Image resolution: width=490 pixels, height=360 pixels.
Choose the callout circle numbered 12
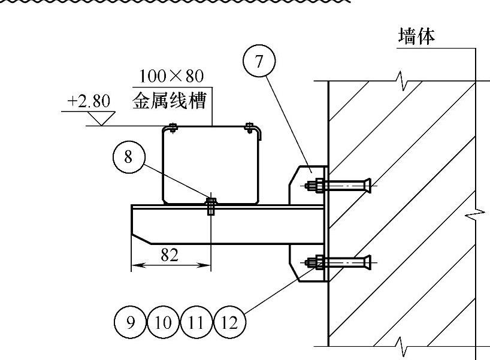click(229, 323)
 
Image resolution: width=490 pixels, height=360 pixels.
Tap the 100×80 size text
click(171, 76)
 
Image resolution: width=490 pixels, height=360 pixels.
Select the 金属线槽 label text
click(170, 100)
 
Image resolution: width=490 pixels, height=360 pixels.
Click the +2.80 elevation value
click(89, 102)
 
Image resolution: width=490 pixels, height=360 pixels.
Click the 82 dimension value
click(170, 255)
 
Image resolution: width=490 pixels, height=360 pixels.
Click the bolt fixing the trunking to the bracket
click(211, 205)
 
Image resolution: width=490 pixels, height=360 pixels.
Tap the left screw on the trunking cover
click(173, 126)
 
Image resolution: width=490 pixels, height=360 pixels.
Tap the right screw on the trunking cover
click(249, 126)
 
